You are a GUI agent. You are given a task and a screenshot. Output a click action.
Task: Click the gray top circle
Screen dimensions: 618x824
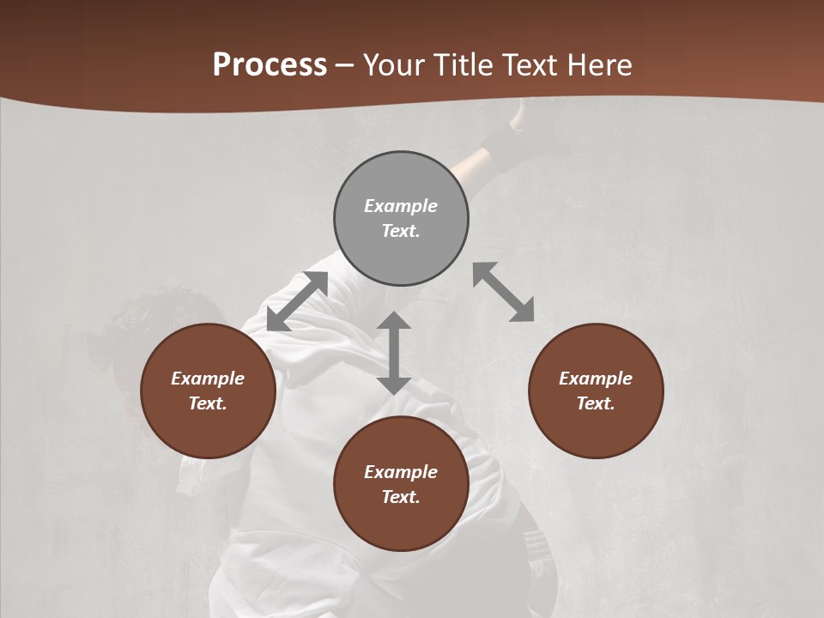tap(401, 219)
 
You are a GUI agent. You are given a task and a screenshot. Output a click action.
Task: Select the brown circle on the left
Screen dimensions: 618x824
tap(208, 391)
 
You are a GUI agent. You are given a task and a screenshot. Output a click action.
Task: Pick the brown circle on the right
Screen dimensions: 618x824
tap(596, 391)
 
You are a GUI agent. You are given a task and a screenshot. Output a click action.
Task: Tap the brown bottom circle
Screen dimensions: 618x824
tap(401, 484)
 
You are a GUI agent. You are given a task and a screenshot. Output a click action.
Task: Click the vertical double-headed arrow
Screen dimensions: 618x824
tap(394, 353)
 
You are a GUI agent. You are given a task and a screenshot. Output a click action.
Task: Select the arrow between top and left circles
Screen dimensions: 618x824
tap(298, 301)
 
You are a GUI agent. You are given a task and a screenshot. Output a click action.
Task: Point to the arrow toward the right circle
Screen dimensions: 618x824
tap(504, 293)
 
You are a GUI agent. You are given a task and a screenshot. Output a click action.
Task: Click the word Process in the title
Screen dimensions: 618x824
tap(270, 64)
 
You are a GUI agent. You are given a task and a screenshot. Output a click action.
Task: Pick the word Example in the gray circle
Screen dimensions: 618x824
tap(401, 206)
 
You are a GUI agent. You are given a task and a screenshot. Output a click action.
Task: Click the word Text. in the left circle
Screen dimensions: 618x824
tap(208, 403)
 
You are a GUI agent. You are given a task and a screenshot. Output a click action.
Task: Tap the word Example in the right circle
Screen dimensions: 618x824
tap(596, 379)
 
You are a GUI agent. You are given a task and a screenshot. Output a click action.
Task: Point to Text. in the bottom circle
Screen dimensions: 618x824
tap(401, 497)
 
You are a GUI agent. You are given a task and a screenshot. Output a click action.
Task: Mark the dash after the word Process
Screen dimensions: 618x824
tap(345, 65)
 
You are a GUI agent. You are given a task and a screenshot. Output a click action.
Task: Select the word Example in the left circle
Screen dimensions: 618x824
tap(208, 379)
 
